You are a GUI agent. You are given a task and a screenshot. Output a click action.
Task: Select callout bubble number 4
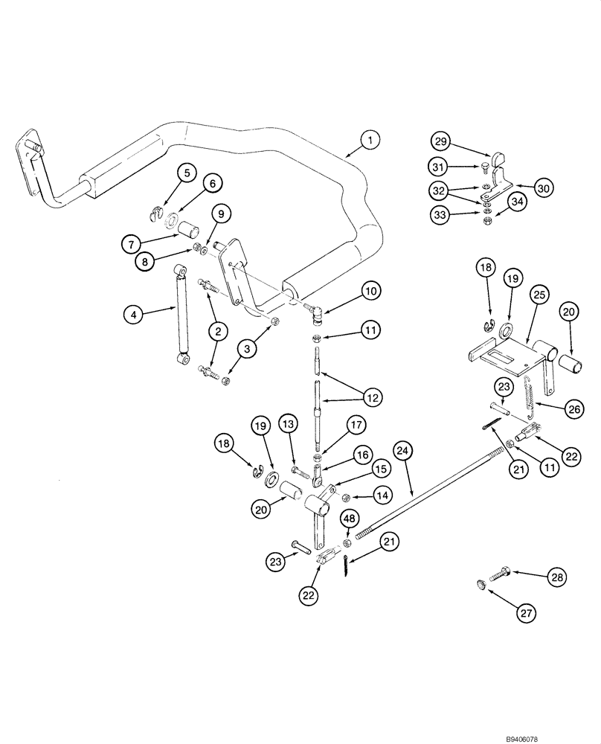pos(133,315)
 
